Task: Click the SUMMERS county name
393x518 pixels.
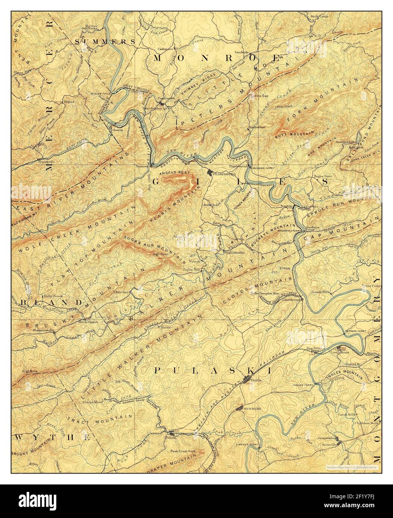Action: (105, 41)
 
